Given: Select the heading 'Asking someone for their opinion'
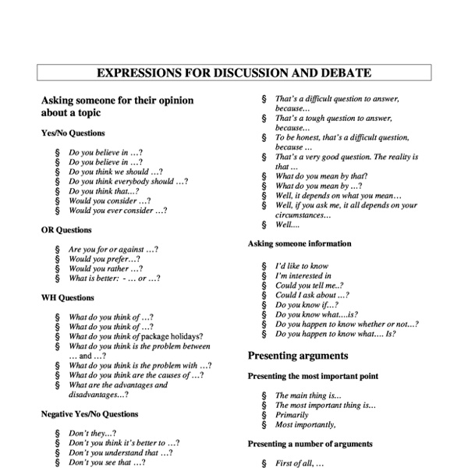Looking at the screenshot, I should [117, 101].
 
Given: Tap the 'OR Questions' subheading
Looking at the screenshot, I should [66, 230].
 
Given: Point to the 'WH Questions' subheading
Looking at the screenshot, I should [67, 297].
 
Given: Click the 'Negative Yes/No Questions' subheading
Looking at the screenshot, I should [89, 414].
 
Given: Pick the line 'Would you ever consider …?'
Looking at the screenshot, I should [117, 211].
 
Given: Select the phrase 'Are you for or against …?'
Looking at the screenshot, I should [114, 250].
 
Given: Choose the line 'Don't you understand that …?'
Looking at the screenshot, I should [120, 452].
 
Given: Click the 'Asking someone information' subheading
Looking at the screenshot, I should [300, 243].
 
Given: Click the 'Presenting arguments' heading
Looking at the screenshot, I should [298, 356].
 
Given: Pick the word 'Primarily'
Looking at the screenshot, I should [292, 415].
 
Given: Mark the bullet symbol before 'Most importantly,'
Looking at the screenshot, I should [264, 425].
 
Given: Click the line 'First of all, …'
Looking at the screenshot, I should [300, 463].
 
